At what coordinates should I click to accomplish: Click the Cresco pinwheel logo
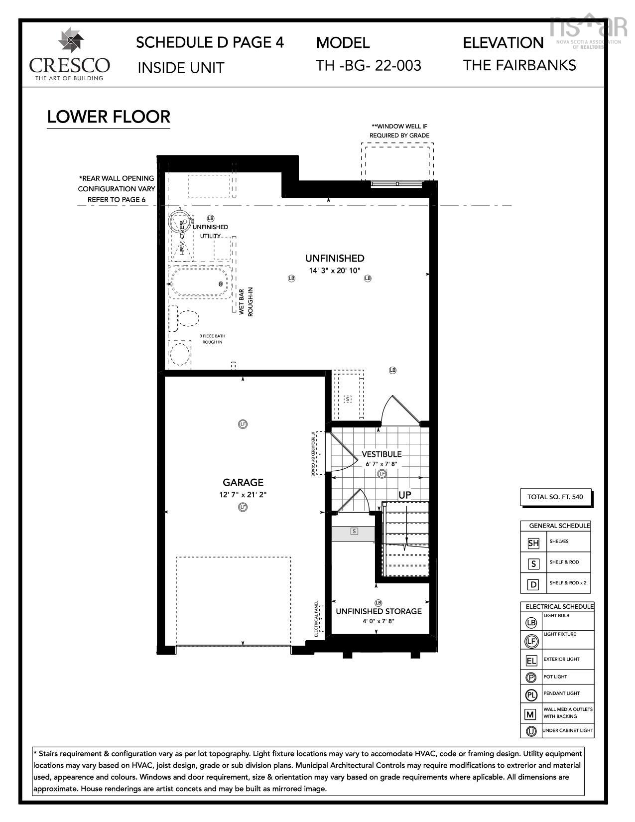[x=70, y=41]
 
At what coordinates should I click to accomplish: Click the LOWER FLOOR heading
[x=109, y=117]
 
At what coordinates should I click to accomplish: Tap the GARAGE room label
[x=243, y=482]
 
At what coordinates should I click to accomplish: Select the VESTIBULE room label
[x=381, y=454]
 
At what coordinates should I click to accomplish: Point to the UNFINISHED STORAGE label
[x=379, y=611]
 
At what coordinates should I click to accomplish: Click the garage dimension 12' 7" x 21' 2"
[x=243, y=495]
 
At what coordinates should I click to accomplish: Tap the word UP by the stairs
[x=405, y=495]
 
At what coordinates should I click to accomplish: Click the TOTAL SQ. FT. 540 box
[x=555, y=497]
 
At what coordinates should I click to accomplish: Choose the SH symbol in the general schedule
[x=533, y=543]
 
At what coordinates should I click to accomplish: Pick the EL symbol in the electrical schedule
[x=531, y=661]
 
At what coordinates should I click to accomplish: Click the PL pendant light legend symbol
[x=531, y=695]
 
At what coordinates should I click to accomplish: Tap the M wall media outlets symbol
[x=531, y=714]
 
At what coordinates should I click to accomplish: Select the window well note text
[x=399, y=131]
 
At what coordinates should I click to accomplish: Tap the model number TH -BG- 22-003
[x=368, y=65]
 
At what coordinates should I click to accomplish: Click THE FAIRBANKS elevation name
[x=519, y=65]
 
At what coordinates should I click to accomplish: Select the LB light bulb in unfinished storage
[x=378, y=603]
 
